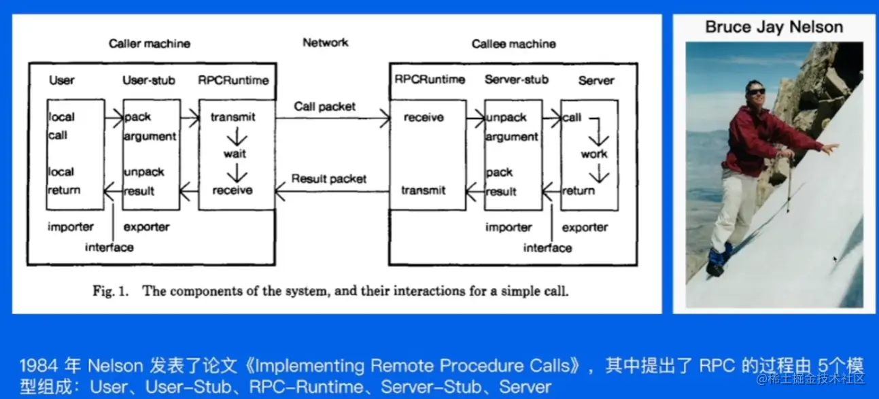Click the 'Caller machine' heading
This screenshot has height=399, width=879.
(x=150, y=44)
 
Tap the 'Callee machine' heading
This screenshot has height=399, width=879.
(x=513, y=44)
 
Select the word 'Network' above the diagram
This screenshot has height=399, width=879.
(x=326, y=43)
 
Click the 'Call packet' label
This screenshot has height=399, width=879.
(x=325, y=107)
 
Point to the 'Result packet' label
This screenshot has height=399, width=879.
(x=329, y=179)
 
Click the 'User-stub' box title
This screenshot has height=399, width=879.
(x=149, y=80)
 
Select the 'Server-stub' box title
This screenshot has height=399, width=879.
(x=516, y=80)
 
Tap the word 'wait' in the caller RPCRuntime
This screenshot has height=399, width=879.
(x=235, y=154)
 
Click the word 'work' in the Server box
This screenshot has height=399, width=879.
(x=593, y=154)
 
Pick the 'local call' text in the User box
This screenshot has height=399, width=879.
(x=61, y=126)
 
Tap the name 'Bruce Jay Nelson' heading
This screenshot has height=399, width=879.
(x=774, y=28)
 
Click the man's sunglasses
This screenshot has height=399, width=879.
(x=756, y=91)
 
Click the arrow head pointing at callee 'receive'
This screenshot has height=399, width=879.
(x=387, y=120)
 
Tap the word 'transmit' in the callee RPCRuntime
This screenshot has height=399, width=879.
(x=424, y=191)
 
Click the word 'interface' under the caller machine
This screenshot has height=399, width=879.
(x=109, y=247)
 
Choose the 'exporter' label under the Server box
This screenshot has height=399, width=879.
(x=585, y=228)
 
